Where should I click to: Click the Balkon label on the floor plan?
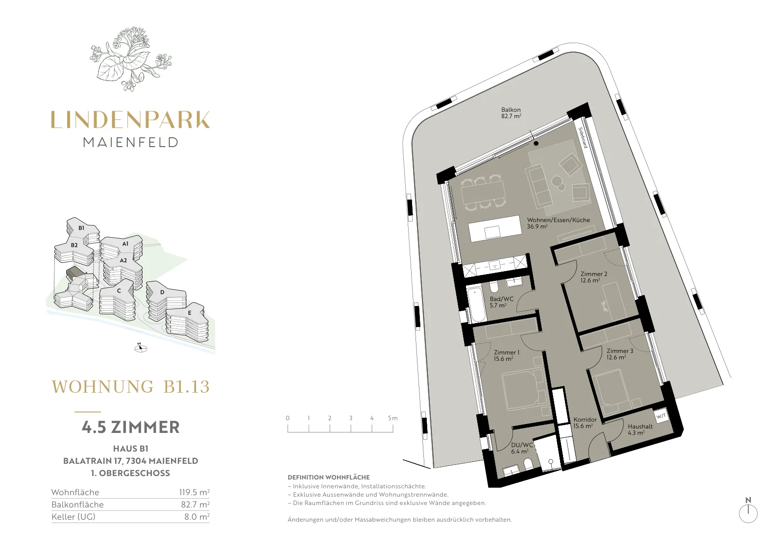[x=511, y=113]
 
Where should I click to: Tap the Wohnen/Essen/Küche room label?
[x=558, y=223]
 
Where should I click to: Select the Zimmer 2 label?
[x=593, y=277]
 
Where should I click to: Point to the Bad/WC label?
[x=502, y=302]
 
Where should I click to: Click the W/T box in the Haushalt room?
[x=661, y=416]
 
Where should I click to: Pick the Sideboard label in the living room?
[x=583, y=137]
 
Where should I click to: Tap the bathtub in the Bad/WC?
[x=476, y=304]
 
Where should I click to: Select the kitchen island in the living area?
[x=495, y=228]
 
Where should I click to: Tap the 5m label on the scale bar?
[x=392, y=418]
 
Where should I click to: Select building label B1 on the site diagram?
[x=81, y=228]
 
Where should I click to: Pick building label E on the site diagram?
[x=189, y=313]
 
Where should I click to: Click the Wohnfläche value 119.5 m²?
[x=194, y=492]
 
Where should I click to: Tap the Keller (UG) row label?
[x=73, y=517]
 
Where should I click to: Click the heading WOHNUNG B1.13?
[x=130, y=387]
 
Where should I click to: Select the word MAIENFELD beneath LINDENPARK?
[x=130, y=142]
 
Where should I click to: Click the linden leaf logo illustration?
[x=130, y=59]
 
